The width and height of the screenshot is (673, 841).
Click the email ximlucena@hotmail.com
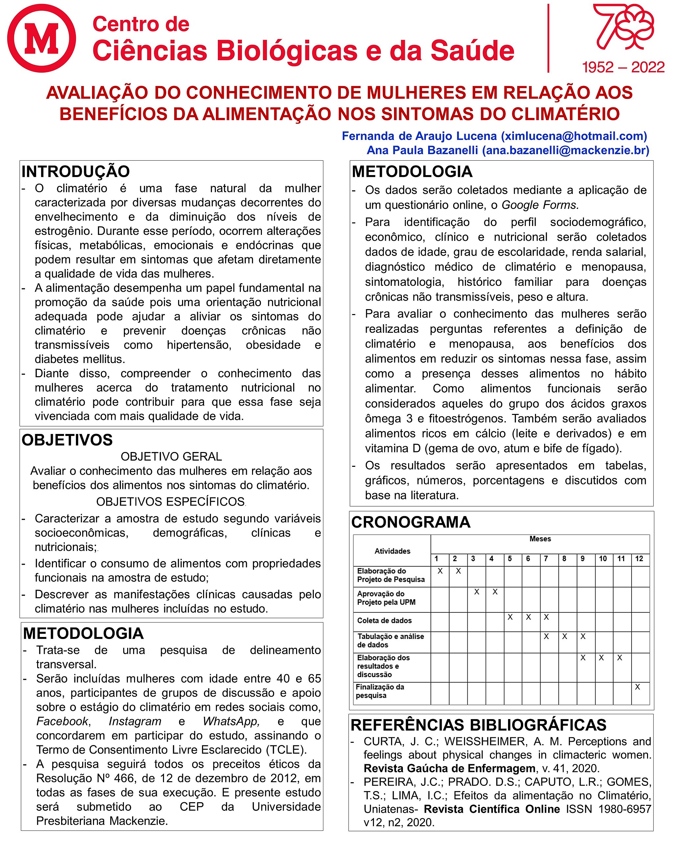(x=573, y=136)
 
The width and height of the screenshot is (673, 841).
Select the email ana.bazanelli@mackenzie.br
(x=566, y=150)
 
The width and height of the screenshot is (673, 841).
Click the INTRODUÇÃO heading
(x=76, y=171)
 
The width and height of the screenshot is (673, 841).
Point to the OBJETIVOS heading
(x=67, y=440)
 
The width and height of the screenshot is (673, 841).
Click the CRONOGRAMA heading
(x=411, y=522)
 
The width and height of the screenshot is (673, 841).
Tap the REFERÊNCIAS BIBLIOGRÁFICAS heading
(x=478, y=725)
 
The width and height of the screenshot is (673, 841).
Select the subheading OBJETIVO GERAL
(x=171, y=456)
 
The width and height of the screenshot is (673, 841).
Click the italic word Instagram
(x=135, y=721)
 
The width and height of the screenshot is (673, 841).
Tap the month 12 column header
(x=639, y=558)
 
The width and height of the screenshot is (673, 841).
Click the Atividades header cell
(x=392, y=551)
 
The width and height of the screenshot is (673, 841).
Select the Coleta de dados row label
(x=384, y=621)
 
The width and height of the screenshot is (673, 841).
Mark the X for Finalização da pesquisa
(x=638, y=687)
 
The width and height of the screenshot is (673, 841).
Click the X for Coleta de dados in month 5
(x=510, y=617)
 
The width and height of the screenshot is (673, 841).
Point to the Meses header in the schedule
(x=540, y=539)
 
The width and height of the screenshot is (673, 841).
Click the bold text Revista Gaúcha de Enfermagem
(x=449, y=768)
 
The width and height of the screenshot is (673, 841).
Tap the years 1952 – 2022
(x=623, y=67)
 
